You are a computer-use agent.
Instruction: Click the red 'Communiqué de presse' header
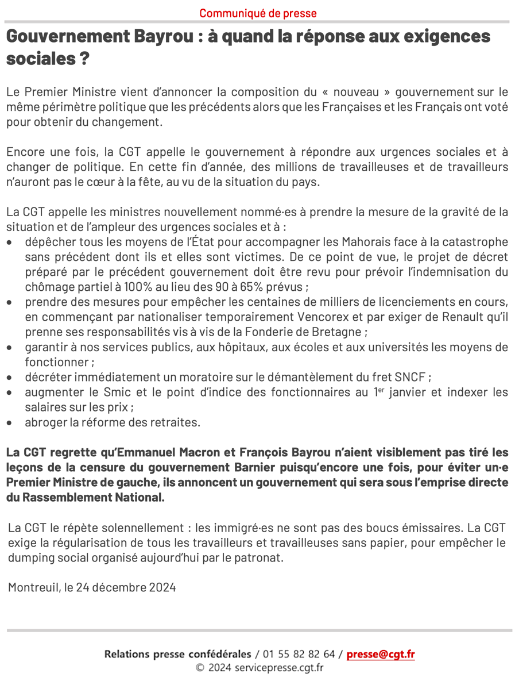coord(258,13)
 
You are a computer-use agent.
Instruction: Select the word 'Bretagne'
coord(334,332)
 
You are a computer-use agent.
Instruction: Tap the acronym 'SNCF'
coord(410,377)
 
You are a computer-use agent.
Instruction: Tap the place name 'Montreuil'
coord(32,587)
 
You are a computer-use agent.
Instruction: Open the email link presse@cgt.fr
coord(380,654)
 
